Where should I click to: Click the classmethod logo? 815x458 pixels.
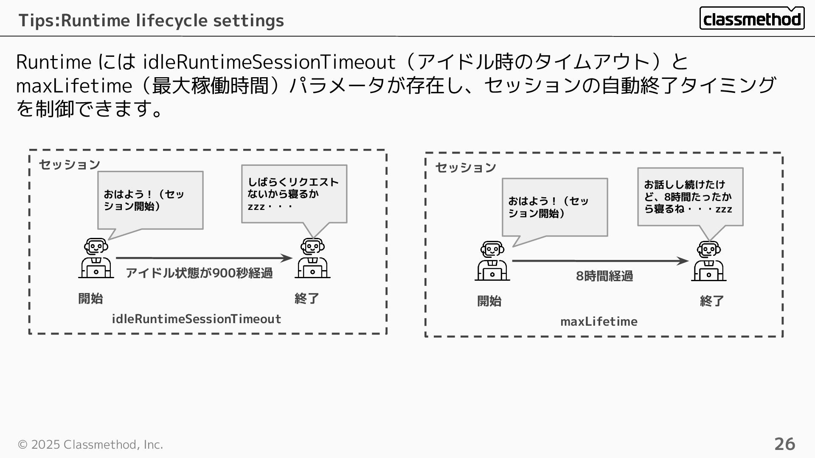[752, 19]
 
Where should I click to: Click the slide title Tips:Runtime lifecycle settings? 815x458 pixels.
[151, 20]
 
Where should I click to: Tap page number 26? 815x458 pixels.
[784, 444]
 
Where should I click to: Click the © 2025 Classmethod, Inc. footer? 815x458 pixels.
[90, 444]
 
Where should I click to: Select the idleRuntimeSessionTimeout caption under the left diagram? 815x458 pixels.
[196, 319]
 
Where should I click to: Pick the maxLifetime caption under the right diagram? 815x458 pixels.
[599, 321]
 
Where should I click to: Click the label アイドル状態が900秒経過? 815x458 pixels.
[199, 273]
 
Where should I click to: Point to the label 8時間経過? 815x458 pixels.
[604, 276]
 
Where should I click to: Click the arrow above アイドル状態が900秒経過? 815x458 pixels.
[204, 258]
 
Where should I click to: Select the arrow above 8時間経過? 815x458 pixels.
[600, 261]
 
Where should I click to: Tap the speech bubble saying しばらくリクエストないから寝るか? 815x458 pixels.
[294, 194]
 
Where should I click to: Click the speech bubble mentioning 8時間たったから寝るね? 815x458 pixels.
[690, 197]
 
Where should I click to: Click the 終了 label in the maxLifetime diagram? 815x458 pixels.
[712, 301]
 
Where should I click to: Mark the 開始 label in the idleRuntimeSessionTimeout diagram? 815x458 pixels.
[90, 299]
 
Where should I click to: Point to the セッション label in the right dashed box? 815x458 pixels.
[466, 168]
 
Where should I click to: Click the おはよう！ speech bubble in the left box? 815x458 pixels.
[150, 201]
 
